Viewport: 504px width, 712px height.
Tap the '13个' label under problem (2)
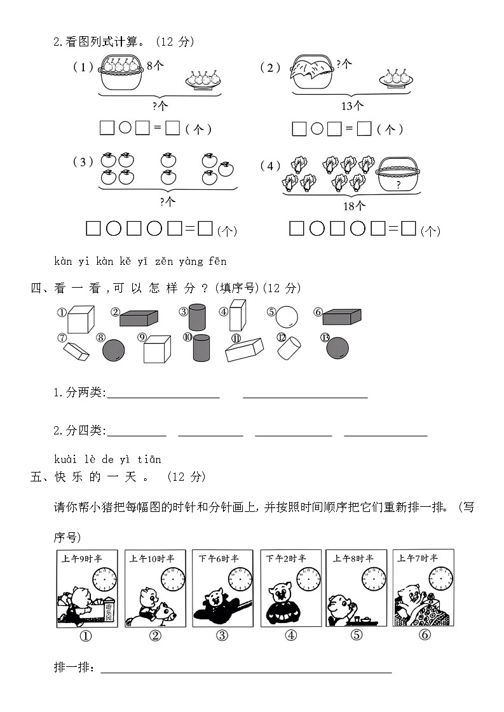351,106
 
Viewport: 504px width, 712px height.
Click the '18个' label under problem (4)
354,205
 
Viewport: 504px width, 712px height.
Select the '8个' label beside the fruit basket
156,64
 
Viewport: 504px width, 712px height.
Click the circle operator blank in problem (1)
125,128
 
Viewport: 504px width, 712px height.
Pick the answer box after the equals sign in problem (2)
364,129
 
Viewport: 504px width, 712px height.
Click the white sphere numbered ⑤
287,316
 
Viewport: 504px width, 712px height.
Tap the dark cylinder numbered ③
198,317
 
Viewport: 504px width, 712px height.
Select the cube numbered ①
81,319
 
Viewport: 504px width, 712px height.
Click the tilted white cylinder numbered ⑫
291,347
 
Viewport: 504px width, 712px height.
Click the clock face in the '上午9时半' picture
105,579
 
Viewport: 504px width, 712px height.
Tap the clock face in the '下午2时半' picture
309,579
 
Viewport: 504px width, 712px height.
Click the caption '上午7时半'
418,558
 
